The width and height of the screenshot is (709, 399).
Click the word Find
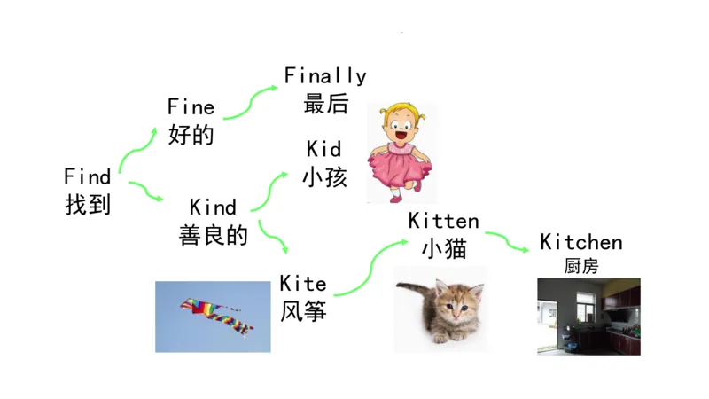tap(87, 176)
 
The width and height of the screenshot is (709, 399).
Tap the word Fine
tap(191, 107)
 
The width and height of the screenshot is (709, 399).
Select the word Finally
tap(324, 76)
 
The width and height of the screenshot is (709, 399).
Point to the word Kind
tap(213, 207)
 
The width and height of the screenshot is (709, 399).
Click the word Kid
tap(323, 147)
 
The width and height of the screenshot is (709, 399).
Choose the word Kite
tap(303, 285)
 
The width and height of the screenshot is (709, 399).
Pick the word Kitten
tap(443, 221)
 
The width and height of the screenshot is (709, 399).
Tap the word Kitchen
tap(580, 242)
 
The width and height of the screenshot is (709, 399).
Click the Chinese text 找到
tap(87, 205)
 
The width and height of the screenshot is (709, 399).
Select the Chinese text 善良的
tap(213, 236)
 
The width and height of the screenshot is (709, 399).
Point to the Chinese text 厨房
tap(580, 265)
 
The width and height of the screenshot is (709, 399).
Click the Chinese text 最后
tap(324, 105)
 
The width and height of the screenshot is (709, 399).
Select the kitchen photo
tap(588, 316)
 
